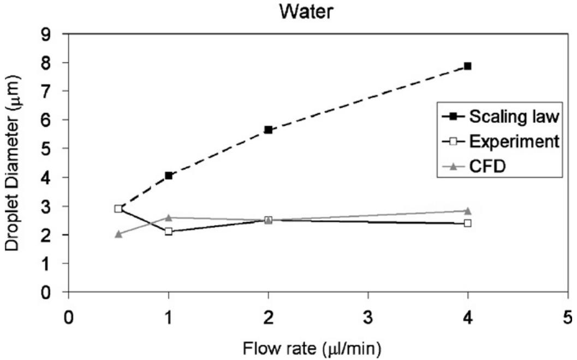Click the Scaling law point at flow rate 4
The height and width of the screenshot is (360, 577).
[x=467, y=66]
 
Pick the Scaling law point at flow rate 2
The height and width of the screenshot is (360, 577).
[x=268, y=129]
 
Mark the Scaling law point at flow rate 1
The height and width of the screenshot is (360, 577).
[x=169, y=175]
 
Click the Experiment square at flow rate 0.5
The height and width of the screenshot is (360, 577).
[x=118, y=208]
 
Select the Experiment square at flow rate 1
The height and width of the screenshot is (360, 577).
[x=169, y=231]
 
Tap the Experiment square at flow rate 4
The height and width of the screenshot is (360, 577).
[x=467, y=223]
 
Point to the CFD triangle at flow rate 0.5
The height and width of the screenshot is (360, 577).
[x=118, y=234]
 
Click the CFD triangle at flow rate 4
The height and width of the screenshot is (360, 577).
[x=467, y=210]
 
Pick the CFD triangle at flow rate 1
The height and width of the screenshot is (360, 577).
[x=169, y=217]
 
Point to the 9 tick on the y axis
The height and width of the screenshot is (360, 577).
[x=55, y=33]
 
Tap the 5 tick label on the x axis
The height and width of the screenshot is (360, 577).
[x=567, y=316]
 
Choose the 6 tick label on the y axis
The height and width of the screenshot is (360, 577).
[x=55, y=120]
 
